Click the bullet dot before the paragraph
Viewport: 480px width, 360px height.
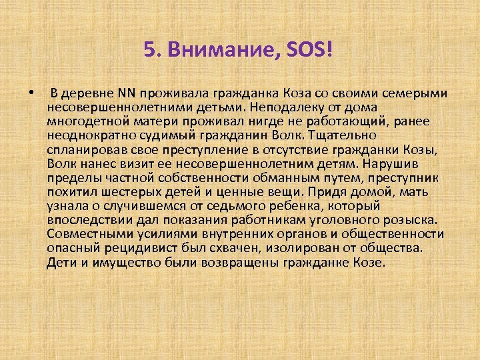32,92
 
